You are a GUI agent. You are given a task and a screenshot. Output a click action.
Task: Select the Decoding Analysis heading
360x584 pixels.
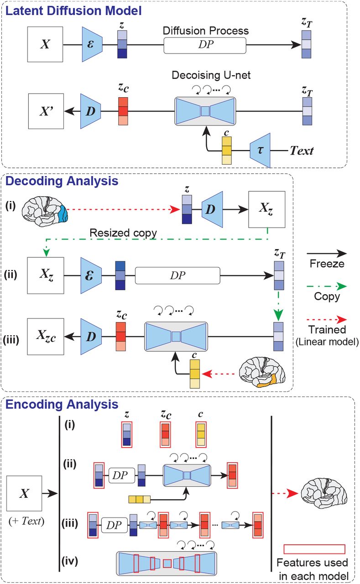click(x=62, y=181)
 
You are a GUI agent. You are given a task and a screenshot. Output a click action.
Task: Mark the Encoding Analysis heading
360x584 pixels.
click(x=62, y=405)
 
